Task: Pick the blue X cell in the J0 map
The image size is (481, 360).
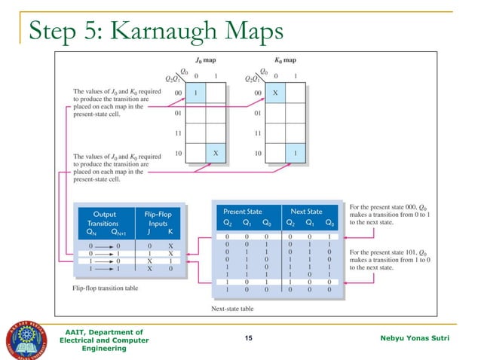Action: pos(216,152)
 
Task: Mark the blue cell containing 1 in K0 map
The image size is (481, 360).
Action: pos(296,152)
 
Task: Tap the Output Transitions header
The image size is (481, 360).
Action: pos(104,218)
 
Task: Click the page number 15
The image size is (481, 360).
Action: pos(249,340)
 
